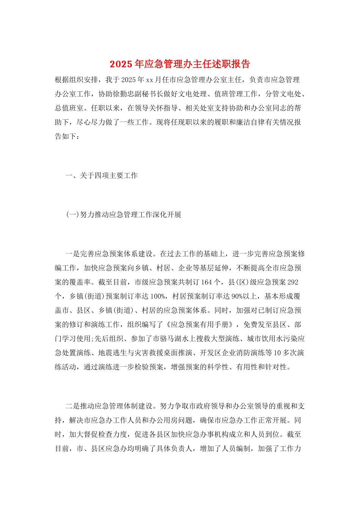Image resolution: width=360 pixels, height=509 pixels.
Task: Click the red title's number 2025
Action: [121, 64]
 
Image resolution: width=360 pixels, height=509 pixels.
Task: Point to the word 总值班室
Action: [69, 108]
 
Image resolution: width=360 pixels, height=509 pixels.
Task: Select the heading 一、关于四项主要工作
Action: [102, 176]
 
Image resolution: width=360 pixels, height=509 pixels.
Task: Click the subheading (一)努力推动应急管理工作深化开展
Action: [124, 215]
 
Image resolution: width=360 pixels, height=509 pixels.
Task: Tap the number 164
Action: [207, 282]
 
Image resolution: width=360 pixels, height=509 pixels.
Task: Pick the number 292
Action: [293, 282]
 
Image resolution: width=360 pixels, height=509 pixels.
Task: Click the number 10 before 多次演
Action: [277, 353]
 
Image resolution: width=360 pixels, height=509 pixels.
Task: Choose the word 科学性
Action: [218, 367]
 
